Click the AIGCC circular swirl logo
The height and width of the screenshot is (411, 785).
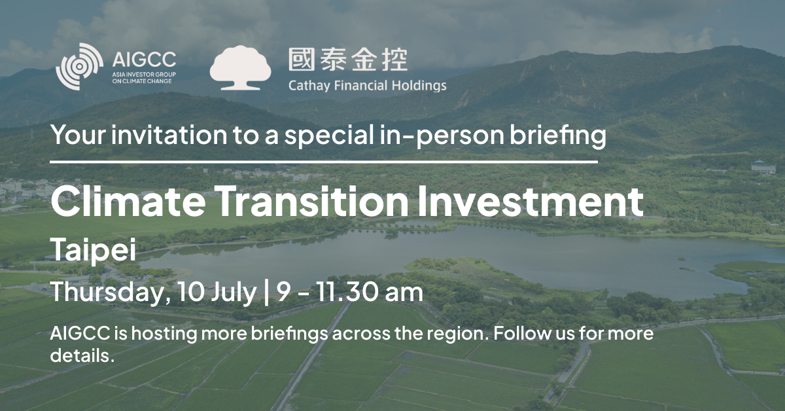point(79,66)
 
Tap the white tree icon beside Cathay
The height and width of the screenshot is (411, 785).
point(241,67)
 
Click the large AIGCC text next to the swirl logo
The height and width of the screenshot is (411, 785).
point(144,60)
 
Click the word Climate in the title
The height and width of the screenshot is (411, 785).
point(128,201)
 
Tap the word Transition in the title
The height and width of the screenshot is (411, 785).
point(313,201)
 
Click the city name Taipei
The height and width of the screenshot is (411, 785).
point(93,250)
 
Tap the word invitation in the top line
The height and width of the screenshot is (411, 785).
point(169,135)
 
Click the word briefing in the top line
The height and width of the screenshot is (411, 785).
point(557,135)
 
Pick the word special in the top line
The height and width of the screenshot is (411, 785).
point(329,135)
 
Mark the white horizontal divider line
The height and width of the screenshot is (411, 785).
point(324,162)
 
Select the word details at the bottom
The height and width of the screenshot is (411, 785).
point(82,355)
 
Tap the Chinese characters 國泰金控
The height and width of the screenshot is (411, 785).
point(348,60)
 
